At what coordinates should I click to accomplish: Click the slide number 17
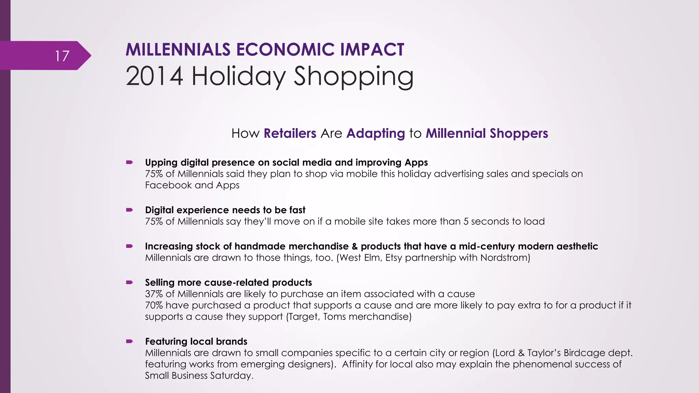(62, 56)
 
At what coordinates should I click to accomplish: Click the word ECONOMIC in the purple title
(285, 50)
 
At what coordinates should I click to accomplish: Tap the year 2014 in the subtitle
(154, 76)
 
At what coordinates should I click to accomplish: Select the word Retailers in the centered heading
(290, 133)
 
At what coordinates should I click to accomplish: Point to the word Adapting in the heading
(375, 133)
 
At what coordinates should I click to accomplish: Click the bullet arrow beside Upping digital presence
(129, 162)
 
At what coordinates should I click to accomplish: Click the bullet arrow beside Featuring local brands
(129, 341)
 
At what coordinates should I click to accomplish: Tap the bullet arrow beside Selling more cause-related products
(129, 282)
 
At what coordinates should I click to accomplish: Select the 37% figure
(154, 294)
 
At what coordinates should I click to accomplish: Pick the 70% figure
(154, 305)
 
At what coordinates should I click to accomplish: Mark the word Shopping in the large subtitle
(353, 77)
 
